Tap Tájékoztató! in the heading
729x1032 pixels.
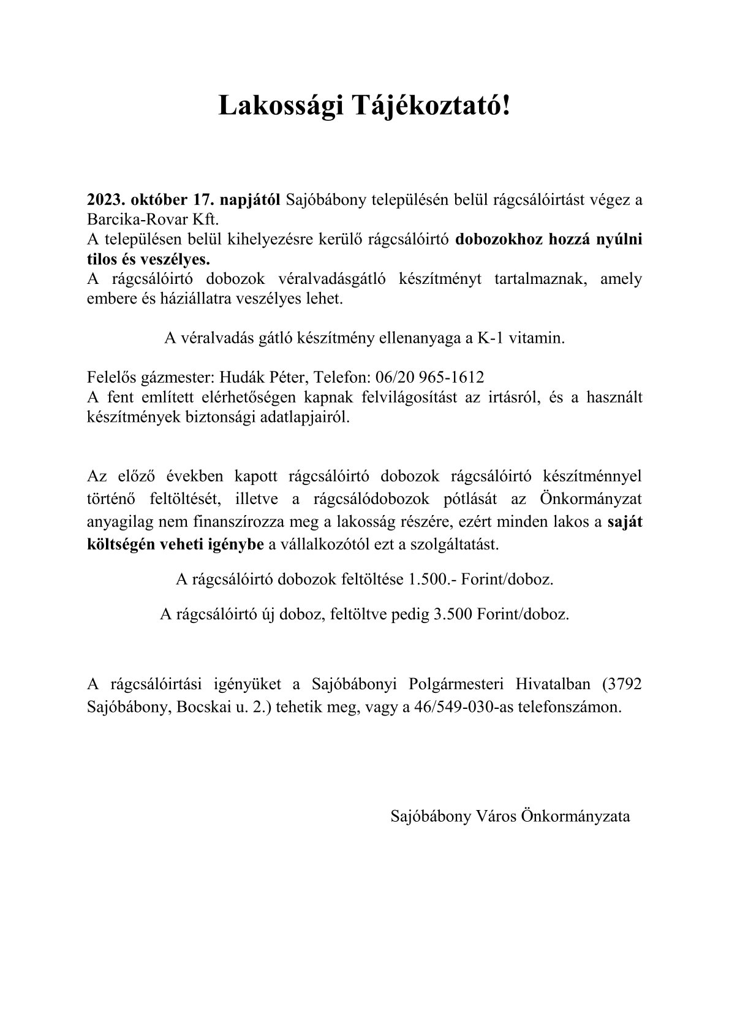pyautogui.click(x=430, y=107)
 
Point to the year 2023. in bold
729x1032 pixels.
pyautogui.click(x=106, y=201)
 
